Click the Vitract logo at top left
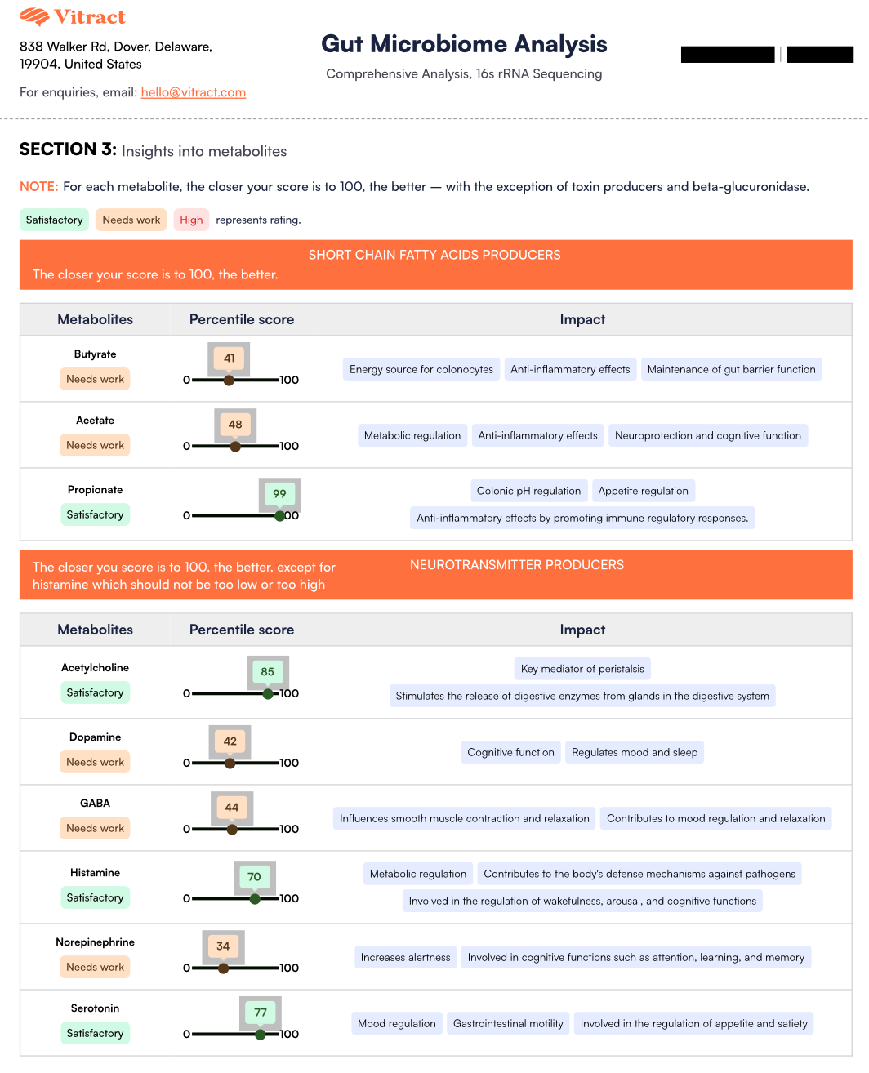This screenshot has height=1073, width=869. [73, 17]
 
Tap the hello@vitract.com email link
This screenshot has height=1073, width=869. [194, 92]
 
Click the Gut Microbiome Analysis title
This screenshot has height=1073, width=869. [464, 44]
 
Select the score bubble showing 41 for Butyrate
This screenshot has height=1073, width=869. [229, 358]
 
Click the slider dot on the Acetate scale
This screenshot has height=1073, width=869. [235, 446]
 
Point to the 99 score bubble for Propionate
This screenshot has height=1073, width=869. [279, 493]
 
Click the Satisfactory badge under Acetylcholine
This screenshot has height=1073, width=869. [95, 692]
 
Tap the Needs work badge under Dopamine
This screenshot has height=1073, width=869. [95, 762]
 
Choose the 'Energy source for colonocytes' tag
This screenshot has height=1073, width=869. [421, 369]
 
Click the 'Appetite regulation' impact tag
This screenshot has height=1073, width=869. [643, 491]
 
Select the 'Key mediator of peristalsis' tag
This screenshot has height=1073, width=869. [582, 669]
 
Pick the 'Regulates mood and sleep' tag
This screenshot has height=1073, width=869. [635, 752]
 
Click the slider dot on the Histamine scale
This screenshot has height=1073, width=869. [255, 898]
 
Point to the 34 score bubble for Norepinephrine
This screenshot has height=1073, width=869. [223, 946]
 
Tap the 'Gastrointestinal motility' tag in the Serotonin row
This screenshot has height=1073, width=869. [508, 1023]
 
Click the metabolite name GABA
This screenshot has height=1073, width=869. [95, 803]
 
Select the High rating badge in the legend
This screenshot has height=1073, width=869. [191, 220]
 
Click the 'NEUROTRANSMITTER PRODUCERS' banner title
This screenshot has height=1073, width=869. [517, 565]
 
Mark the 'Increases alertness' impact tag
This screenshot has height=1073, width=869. [405, 957]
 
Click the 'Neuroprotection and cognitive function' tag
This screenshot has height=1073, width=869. [708, 435]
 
